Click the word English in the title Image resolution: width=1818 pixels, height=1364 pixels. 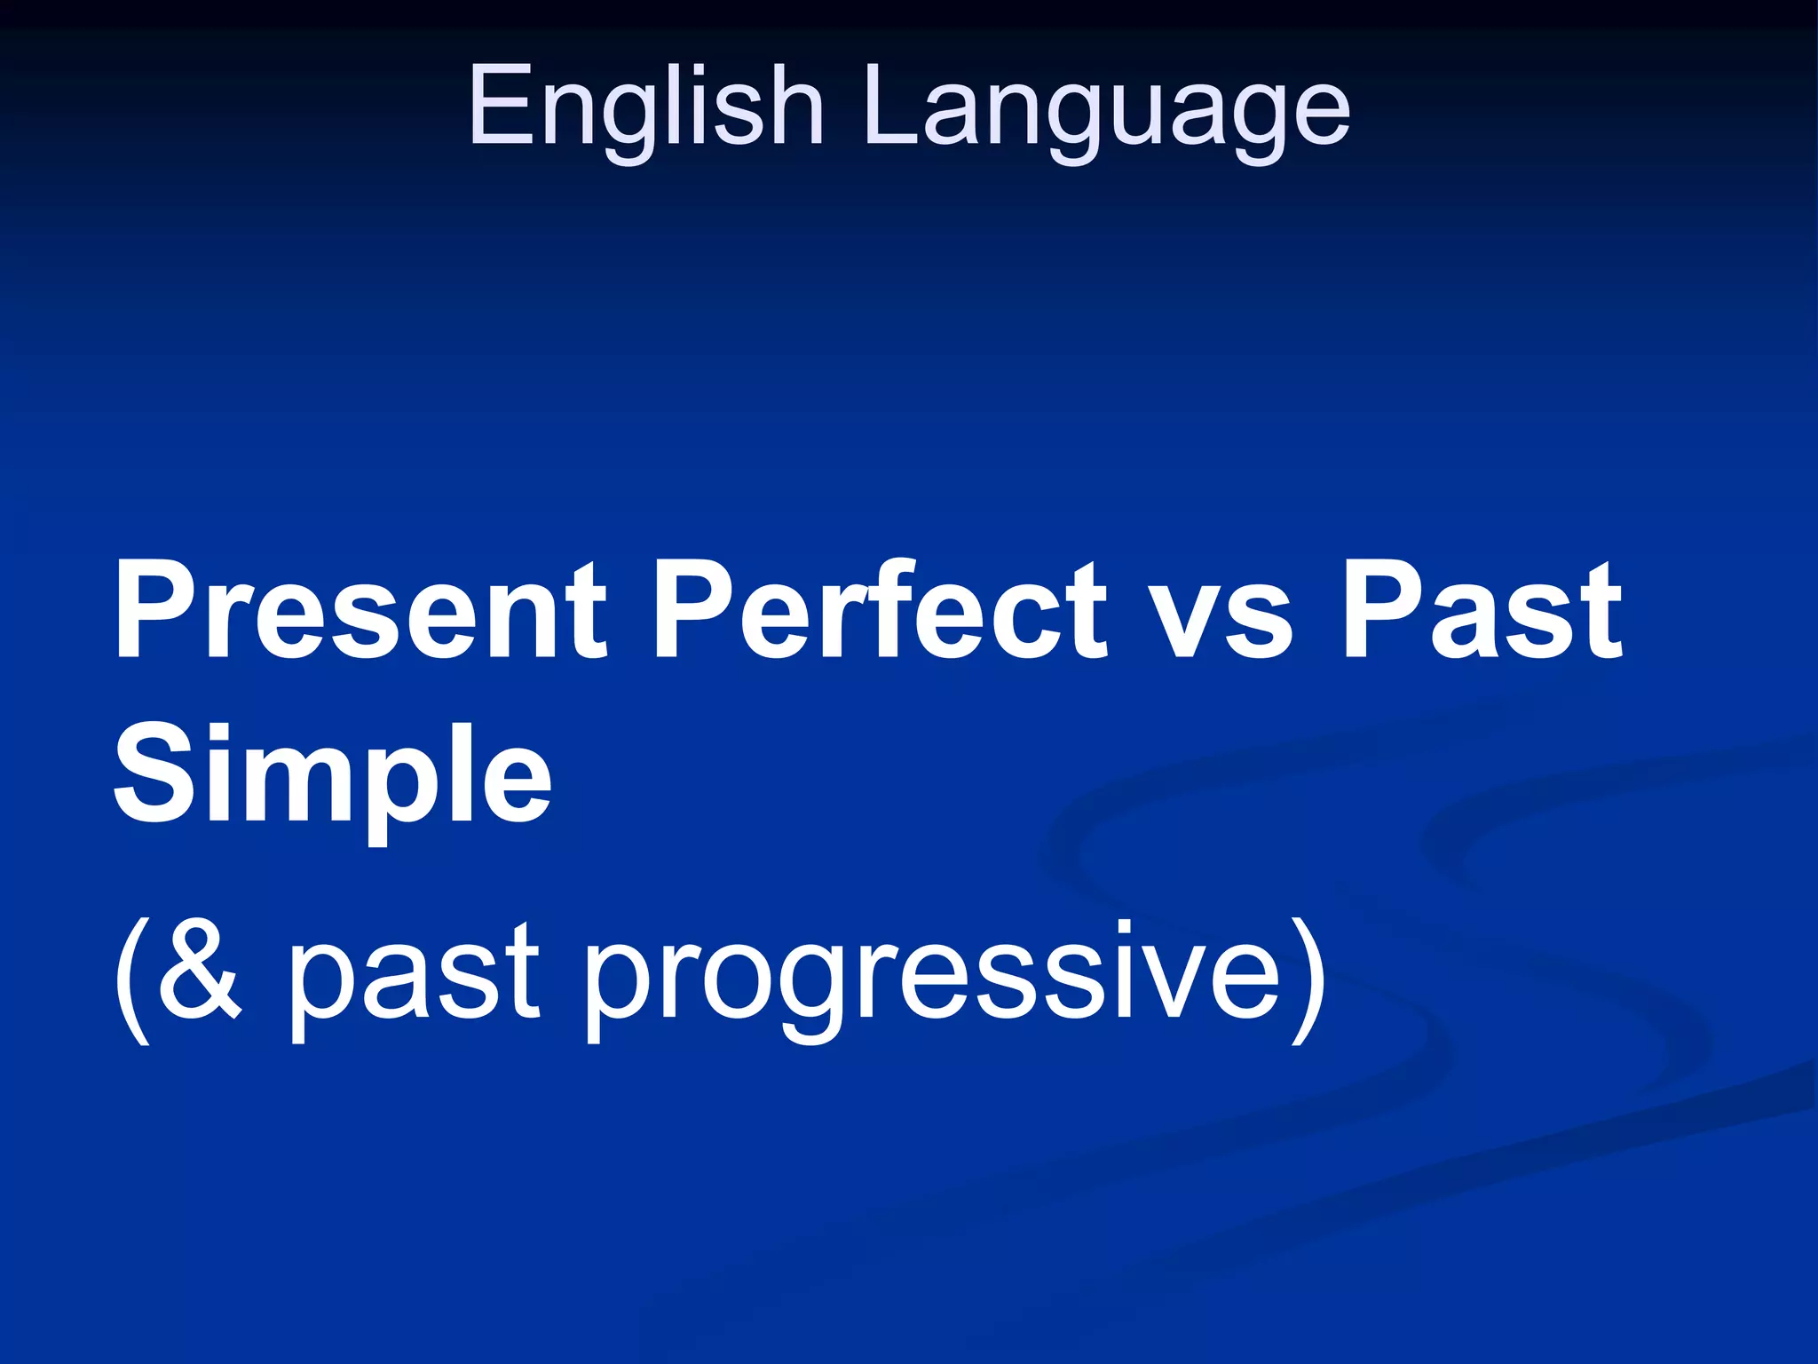click(646, 107)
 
